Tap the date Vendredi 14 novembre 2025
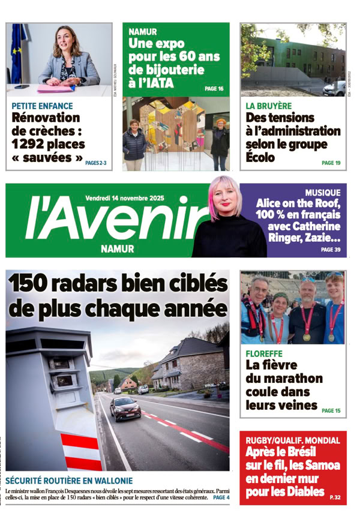pyautogui.click(x=124, y=197)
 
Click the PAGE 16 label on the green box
pyautogui.click(x=214, y=89)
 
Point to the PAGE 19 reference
pyautogui.click(x=331, y=163)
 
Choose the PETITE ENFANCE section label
pyautogui.click(x=42, y=106)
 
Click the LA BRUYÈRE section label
pyautogui.click(x=268, y=106)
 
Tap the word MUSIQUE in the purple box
pyautogui.click(x=322, y=193)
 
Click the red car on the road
pyautogui.click(x=125, y=409)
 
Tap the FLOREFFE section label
pyautogui.click(x=264, y=353)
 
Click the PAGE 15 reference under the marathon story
pyautogui.click(x=331, y=410)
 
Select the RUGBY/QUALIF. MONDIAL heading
pyautogui.click(x=292, y=440)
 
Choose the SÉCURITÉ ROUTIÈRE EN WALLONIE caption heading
pyautogui.click(x=69, y=481)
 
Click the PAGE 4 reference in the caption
pyautogui.click(x=221, y=497)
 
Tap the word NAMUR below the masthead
pyautogui.click(x=118, y=249)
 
